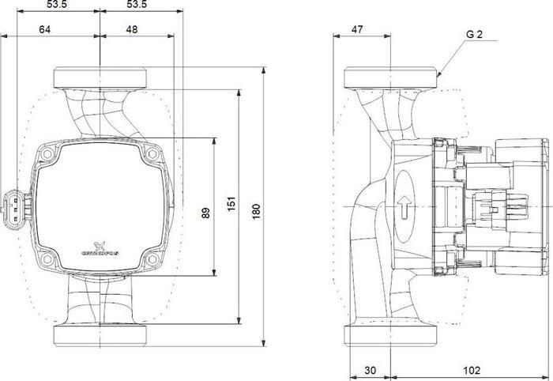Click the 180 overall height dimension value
(x=256, y=212)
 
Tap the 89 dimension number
(x=206, y=213)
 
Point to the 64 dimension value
(x=44, y=29)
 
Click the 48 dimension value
(x=131, y=29)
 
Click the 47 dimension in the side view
(x=358, y=29)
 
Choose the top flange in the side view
(x=392, y=78)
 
